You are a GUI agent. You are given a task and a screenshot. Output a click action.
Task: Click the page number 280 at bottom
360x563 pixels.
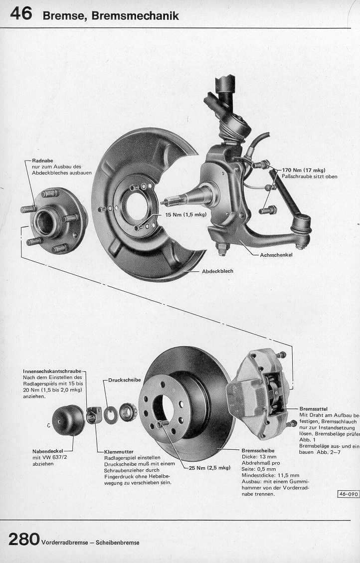click(24, 539)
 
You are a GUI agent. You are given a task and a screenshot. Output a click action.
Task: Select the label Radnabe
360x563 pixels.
click(42, 161)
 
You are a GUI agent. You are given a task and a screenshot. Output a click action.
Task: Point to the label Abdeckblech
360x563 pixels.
click(217, 271)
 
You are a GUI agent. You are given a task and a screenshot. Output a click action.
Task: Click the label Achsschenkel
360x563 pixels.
click(276, 255)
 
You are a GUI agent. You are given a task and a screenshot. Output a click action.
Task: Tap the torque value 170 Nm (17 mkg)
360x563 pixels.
click(304, 170)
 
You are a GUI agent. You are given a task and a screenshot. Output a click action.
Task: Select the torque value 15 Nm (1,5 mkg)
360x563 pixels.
click(185, 215)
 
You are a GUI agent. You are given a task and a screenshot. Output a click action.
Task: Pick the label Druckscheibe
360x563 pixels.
click(125, 380)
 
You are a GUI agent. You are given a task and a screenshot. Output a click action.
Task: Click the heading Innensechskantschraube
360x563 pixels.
click(52, 372)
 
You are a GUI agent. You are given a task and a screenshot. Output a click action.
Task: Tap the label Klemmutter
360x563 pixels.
click(119, 451)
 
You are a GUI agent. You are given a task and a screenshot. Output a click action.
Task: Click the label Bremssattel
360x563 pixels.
click(313, 408)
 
